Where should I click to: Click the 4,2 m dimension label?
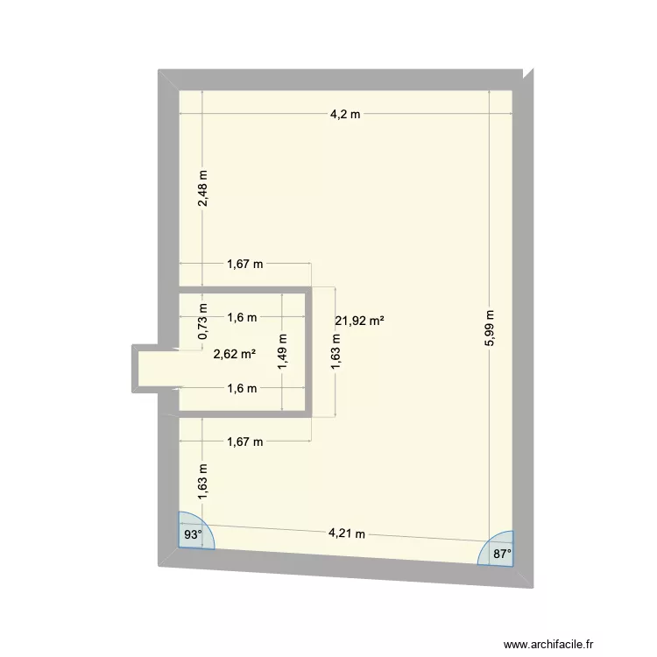(x=345, y=115)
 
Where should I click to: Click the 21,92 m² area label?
(x=359, y=321)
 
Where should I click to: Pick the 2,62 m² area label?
(x=235, y=354)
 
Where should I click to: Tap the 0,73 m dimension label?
(x=202, y=321)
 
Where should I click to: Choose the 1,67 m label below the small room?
(x=245, y=442)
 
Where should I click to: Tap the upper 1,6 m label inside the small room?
(x=242, y=318)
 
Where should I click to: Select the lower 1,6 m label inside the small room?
(x=242, y=388)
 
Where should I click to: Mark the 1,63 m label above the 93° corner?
(x=202, y=481)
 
